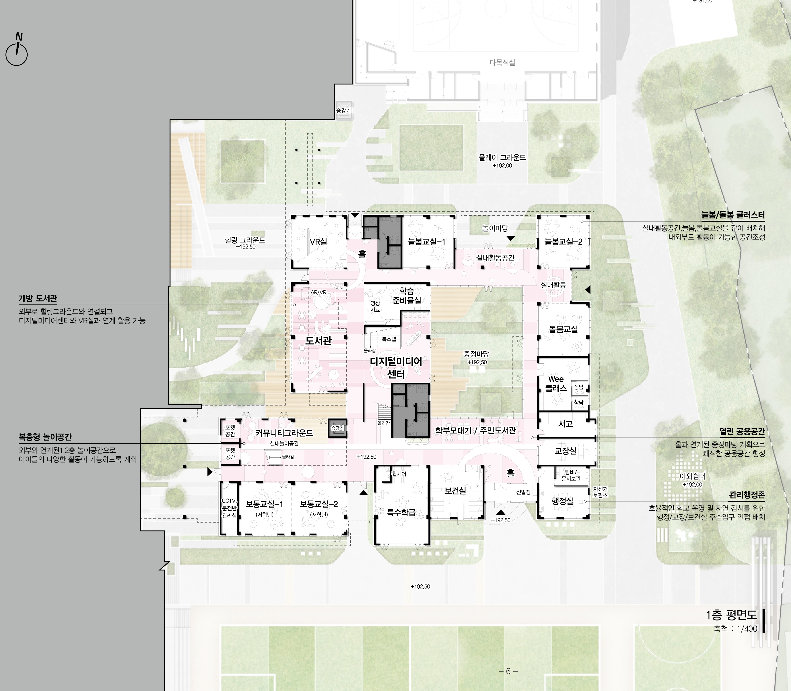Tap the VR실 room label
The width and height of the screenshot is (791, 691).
318,242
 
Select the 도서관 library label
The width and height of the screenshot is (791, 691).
318,341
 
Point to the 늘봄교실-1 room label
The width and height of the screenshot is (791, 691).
427,242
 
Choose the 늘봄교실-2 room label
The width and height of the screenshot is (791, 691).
563,242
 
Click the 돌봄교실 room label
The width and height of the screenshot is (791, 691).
563,329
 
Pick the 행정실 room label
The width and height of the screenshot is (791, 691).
562,501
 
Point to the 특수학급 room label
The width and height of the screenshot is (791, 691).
401,512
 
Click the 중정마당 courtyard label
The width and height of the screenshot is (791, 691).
477,354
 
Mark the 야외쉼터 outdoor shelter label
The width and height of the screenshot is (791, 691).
692,476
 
